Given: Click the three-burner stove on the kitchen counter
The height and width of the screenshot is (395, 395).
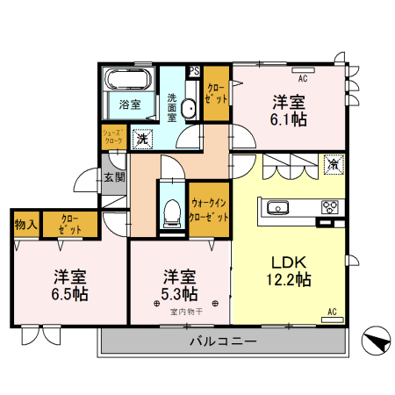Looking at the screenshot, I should point(330,207).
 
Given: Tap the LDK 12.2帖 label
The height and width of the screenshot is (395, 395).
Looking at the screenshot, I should point(289,270).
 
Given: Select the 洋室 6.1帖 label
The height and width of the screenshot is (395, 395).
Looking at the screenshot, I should point(289,109).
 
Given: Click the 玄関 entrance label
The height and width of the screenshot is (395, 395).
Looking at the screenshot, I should point(114,176).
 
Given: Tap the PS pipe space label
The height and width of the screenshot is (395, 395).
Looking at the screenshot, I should point(194,71).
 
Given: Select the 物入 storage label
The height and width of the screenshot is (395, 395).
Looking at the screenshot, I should point(25,224).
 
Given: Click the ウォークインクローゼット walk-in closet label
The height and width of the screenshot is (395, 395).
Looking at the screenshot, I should point(210,209).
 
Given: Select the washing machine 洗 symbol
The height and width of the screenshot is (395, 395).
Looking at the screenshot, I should point(141,137).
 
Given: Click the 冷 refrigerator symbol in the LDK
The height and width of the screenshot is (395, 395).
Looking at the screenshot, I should point(334,163).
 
